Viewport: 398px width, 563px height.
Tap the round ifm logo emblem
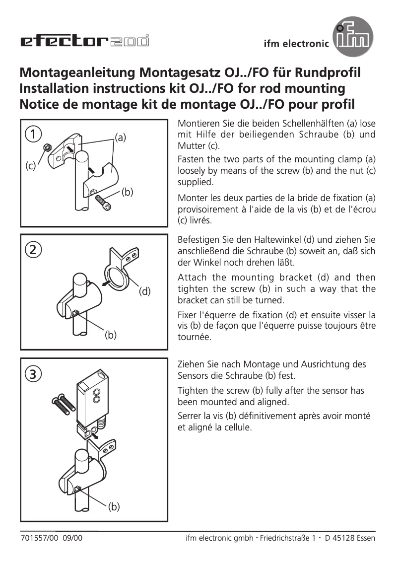[x=353, y=37]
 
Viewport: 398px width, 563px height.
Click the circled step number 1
[x=34, y=134]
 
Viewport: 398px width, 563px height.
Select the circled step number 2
[x=34, y=250]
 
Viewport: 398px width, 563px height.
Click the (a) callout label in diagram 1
[x=121, y=138]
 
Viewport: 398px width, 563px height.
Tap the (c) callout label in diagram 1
[x=31, y=167]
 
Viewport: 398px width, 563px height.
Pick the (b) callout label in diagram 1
[x=128, y=192]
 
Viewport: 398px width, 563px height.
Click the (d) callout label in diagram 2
[x=144, y=291]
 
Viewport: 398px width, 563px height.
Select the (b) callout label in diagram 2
[x=110, y=335]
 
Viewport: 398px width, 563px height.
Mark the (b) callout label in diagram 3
[x=114, y=507]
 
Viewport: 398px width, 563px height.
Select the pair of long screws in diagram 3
[x=63, y=405]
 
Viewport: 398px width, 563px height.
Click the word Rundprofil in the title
[x=328, y=72]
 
